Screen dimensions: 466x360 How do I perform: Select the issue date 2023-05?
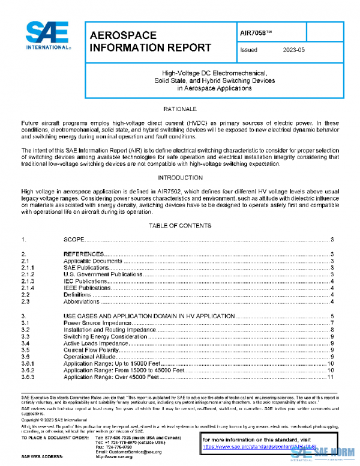[x=293, y=50]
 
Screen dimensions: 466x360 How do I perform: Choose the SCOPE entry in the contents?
[x=74, y=240]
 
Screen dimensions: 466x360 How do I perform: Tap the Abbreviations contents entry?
[x=81, y=301]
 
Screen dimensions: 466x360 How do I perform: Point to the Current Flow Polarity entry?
[x=89, y=350]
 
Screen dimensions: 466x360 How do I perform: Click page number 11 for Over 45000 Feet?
[x=330, y=377]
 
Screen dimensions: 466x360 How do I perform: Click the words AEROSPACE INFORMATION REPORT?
[x=149, y=42]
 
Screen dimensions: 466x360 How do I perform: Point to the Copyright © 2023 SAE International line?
[x=54, y=420]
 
